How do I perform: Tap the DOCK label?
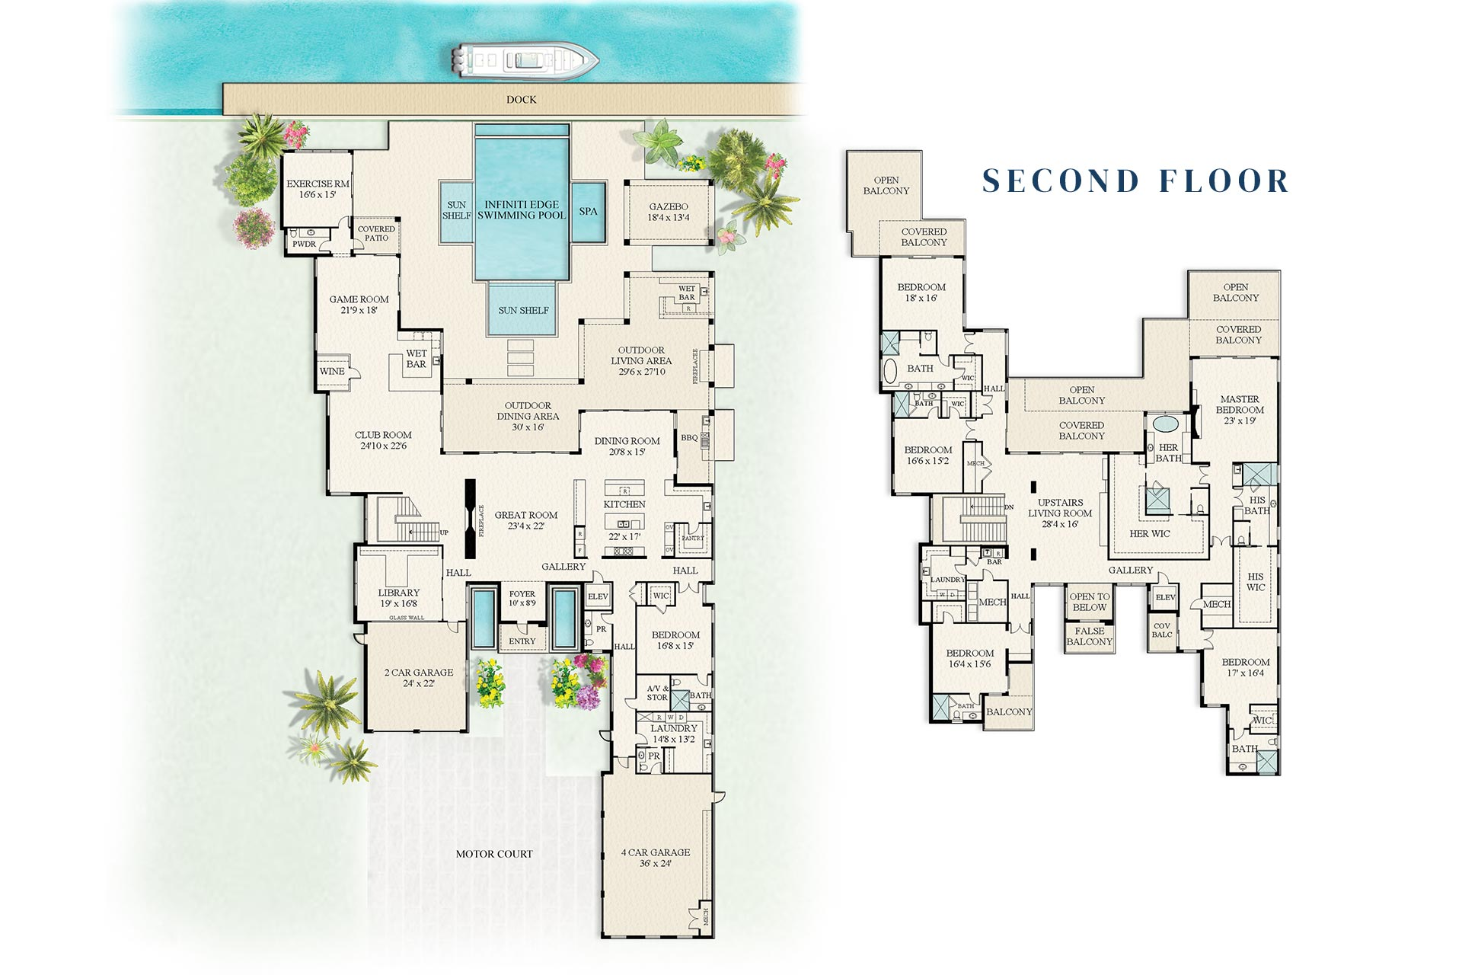click(521, 100)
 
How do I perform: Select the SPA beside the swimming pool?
click(588, 211)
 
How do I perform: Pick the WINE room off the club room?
click(332, 372)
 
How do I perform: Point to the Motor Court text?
click(493, 854)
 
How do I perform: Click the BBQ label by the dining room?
click(688, 438)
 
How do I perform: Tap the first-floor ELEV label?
click(598, 596)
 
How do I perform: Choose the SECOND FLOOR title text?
click(1135, 181)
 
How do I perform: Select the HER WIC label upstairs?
click(1149, 534)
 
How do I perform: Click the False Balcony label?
click(1089, 636)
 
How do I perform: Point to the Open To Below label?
click(1089, 602)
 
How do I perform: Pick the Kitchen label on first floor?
click(624, 504)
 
